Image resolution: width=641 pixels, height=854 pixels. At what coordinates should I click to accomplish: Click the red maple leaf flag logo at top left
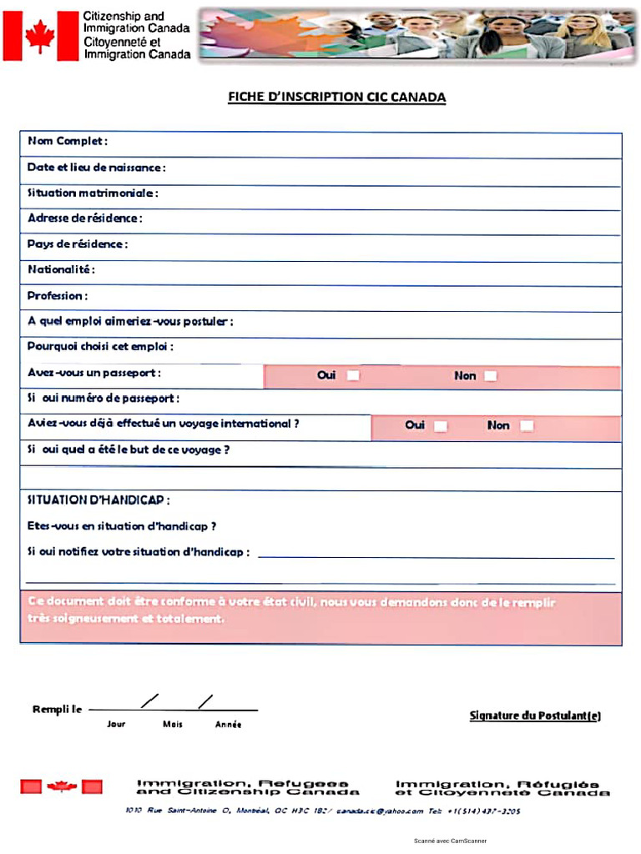pyautogui.click(x=39, y=37)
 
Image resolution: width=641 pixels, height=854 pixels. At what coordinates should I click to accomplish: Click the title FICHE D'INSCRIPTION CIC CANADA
pyautogui.click(x=336, y=98)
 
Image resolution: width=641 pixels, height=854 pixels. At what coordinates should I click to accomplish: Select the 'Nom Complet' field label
pyautogui.click(x=68, y=141)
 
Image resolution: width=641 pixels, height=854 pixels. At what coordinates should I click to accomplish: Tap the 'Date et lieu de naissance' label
pyautogui.click(x=96, y=168)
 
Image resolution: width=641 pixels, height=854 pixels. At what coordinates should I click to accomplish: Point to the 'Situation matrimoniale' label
pyautogui.click(x=93, y=193)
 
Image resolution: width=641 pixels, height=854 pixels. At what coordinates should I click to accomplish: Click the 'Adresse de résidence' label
pyautogui.click(x=84, y=219)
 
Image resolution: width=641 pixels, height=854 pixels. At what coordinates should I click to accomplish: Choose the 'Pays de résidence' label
pyautogui.click(x=77, y=244)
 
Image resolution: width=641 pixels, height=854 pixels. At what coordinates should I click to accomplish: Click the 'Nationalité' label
pyautogui.click(x=61, y=270)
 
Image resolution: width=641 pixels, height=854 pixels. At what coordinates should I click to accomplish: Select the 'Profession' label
pyautogui.click(x=58, y=296)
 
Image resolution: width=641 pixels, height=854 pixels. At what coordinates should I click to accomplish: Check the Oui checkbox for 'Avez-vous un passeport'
pyautogui.click(x=353, y=376)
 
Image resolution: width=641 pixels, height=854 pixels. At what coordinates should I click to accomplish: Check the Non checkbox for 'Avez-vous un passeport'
pyautogui.click(x=490, y=376)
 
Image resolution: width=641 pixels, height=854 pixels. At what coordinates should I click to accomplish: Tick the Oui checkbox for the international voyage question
pyautogui.click(x=440, y=426)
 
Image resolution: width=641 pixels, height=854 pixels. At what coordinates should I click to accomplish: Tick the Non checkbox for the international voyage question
pyautogui.click(x=527, y=426)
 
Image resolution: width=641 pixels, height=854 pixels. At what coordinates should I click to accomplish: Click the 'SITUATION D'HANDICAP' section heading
pyautogui.click(x=98, y=500)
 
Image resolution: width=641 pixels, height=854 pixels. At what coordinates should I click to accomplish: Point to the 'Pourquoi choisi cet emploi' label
pyautogui.click(x=100, y=347)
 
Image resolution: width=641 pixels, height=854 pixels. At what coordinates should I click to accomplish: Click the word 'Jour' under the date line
pyautogui.click(x=116, y=725)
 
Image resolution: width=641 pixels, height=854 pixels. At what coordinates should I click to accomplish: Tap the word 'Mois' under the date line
pyautogui.click(x=172, y=725)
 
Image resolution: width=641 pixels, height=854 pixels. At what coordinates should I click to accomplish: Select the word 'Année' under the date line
pyautogui.click(x=228, y=725)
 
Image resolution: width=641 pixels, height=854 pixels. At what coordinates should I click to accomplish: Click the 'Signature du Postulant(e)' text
pyautogui.click(x=535, y=716)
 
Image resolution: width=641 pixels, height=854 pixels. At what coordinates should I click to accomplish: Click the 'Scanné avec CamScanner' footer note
pyautogui.click(x=450, y=841)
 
